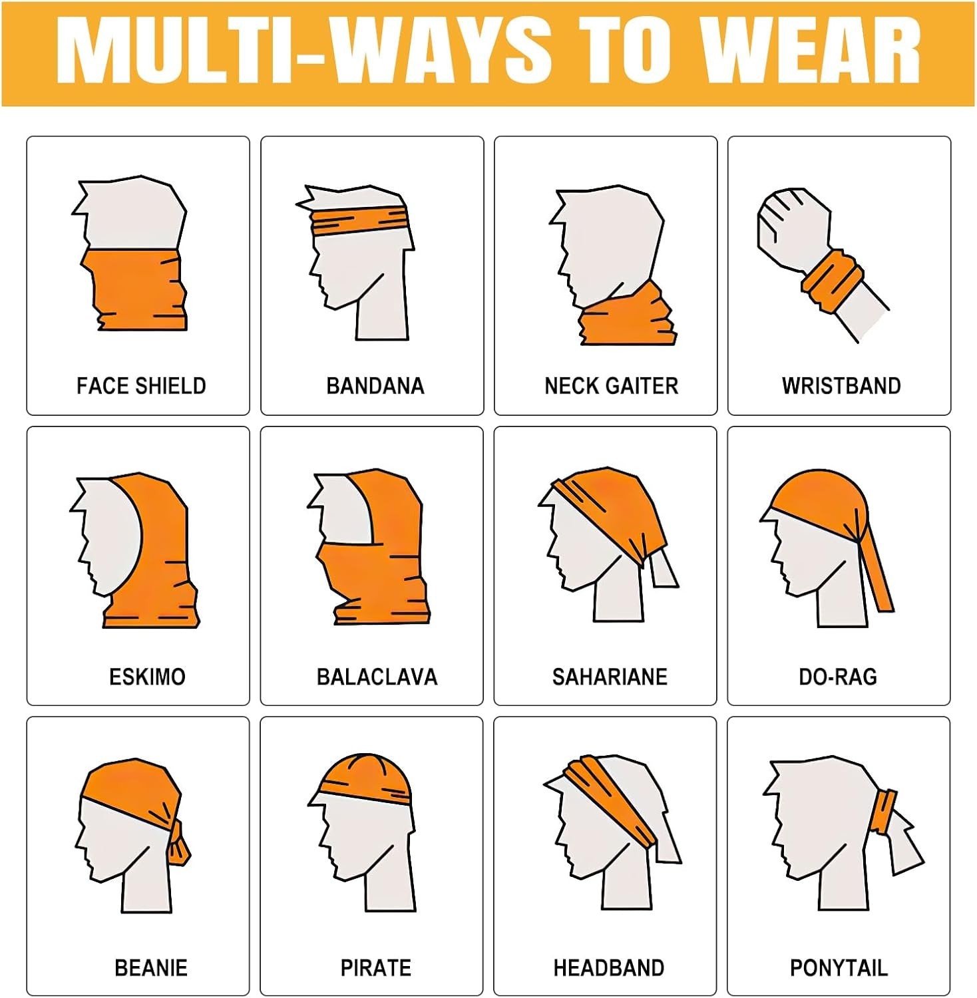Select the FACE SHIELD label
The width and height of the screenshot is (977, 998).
(x=141, y=386)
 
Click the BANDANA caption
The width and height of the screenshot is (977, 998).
(x=375, y=386)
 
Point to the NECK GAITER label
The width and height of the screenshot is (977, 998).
(x=611, y=386)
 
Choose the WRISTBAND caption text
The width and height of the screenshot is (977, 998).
(x=841, y=386)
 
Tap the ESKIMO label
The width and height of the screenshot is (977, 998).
(x=147, y=677)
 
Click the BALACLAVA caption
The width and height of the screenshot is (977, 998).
(x=377, y=677)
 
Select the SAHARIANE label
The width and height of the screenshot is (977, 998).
(x=610, y=677)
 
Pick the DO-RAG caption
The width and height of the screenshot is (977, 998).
(x=838, y=677)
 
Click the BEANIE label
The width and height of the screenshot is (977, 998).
(x=151, y=967)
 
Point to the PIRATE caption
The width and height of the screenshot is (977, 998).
(x=375, y=967)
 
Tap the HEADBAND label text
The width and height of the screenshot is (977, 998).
(x=609, y=967)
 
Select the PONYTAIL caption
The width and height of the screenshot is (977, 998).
(x=839, y=967)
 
